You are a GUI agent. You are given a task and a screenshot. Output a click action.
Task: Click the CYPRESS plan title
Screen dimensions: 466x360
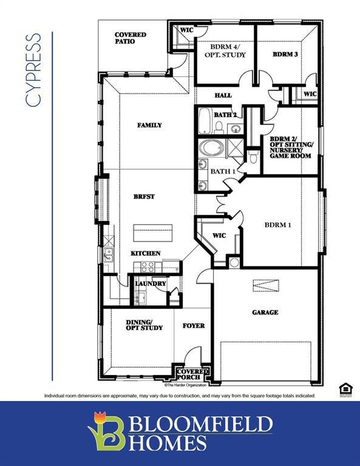coord(34,70)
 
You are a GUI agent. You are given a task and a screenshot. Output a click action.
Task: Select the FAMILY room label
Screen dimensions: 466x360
coord(149,125)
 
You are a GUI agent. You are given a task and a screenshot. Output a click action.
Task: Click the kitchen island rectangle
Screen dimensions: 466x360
coord(153,232)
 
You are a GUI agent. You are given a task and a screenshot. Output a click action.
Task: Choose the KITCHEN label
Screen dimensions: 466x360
coord(146,253)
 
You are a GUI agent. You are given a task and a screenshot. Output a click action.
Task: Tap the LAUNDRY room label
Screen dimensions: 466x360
coord(150,283)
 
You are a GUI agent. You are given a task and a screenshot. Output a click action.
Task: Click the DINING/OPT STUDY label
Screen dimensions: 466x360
coord(144,325)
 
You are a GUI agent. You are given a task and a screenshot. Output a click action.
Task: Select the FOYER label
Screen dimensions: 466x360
coord(194,326)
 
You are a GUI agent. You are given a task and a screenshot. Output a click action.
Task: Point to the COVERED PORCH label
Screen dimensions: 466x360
coord(192,374)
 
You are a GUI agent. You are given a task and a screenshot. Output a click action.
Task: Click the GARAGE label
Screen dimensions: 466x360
coord(265,312)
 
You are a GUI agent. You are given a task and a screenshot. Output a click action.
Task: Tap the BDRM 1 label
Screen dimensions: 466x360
coord(278,225)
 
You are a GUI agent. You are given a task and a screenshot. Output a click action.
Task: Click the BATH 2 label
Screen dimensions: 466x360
coord(225,115)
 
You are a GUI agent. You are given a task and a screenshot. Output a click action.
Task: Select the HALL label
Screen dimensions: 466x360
coord(223,95)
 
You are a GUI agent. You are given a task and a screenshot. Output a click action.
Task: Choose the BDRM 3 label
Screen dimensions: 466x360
coord(285,55)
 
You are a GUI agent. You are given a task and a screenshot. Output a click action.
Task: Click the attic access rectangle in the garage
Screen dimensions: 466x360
coord(265,286)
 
